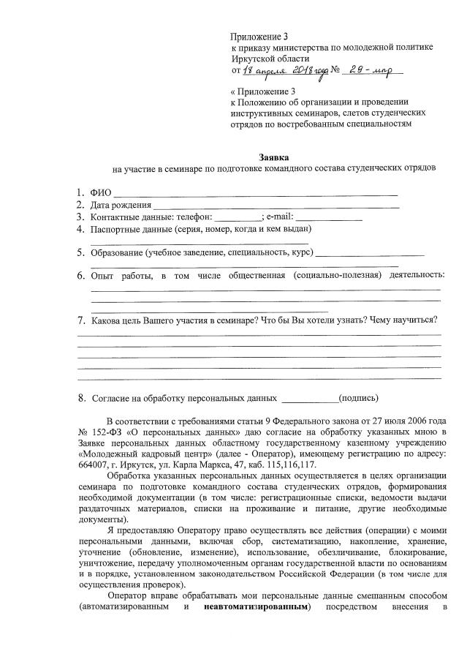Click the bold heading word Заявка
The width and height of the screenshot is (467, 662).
point(274,157)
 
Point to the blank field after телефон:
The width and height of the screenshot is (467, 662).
point(238,219)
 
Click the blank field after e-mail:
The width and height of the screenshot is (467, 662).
point(329,219)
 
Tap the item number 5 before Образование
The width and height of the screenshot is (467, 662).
point(81,253)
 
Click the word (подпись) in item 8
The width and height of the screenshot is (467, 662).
point(359,399)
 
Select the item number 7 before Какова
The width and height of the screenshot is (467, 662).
point(81,320)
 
